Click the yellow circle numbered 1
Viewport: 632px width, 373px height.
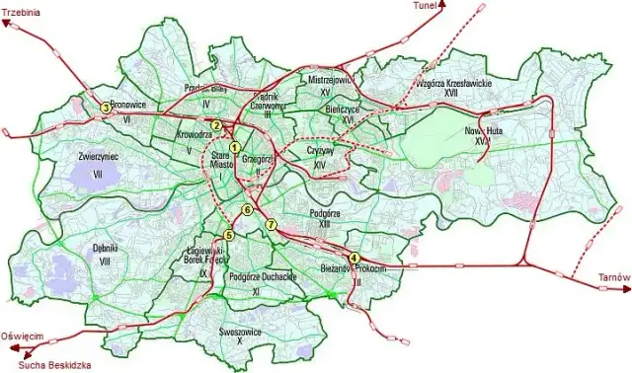click(x=235, y=148)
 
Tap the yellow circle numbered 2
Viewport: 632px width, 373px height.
click(x=216, y=125)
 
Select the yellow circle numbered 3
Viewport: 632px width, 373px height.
click(x=106, y=108)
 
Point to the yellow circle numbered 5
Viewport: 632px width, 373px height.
click(x=229, y=235)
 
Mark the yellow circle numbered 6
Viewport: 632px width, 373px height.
click(x=248, y=210)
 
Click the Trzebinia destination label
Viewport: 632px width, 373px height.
click(x=21, y=14)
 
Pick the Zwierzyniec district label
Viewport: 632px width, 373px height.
click(x=97, y=156)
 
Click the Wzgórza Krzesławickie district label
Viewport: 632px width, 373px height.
click(x=453, y=87)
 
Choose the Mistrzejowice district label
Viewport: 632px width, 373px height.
click(x=330, y=79)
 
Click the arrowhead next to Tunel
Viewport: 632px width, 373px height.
click(x=442, y=5)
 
